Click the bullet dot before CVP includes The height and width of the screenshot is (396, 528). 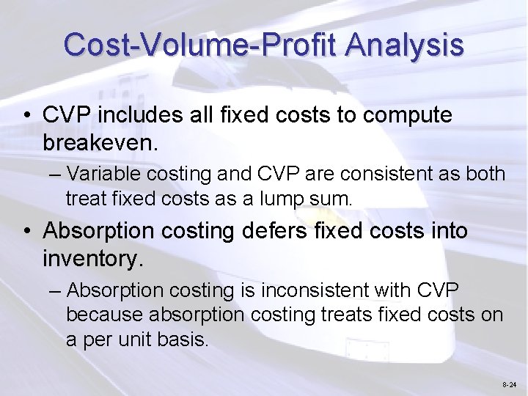coord(26,116)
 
